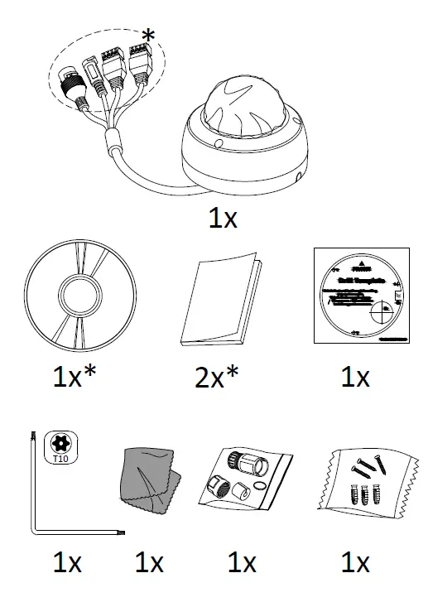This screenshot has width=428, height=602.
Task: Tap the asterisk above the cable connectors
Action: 148,36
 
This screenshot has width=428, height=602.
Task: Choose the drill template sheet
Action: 361,296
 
